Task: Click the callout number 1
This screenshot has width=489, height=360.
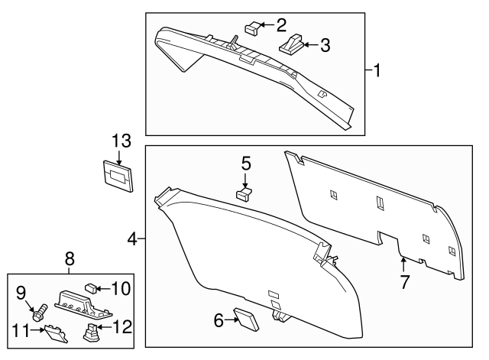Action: pos(376,71)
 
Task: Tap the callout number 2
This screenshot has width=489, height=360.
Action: pos(280,24)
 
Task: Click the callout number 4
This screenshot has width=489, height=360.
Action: pos(132,240)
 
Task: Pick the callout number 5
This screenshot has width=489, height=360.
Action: pos(246,163)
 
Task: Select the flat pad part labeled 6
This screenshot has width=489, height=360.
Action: pos(247,319)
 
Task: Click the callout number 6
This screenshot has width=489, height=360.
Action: pos(219,321)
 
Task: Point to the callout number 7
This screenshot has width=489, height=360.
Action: pos(404,281)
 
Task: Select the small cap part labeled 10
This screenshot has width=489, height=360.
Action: pos(89,288)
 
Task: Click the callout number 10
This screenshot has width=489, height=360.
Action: pos(121,289)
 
